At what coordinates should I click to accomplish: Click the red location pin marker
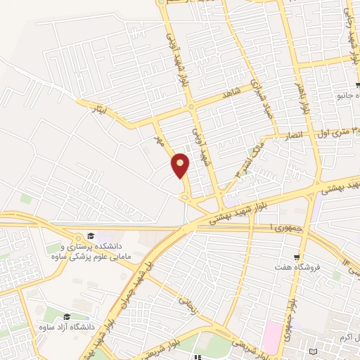tap(181, 165)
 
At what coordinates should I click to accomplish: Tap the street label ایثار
tap(98, 108)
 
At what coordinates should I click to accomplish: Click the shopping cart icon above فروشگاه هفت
tap(299, 258)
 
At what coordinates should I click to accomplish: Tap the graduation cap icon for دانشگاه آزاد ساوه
tap(66, 317)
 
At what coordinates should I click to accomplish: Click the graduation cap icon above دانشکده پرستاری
tap(90, 236)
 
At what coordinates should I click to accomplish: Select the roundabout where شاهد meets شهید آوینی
tap(192, 107)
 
